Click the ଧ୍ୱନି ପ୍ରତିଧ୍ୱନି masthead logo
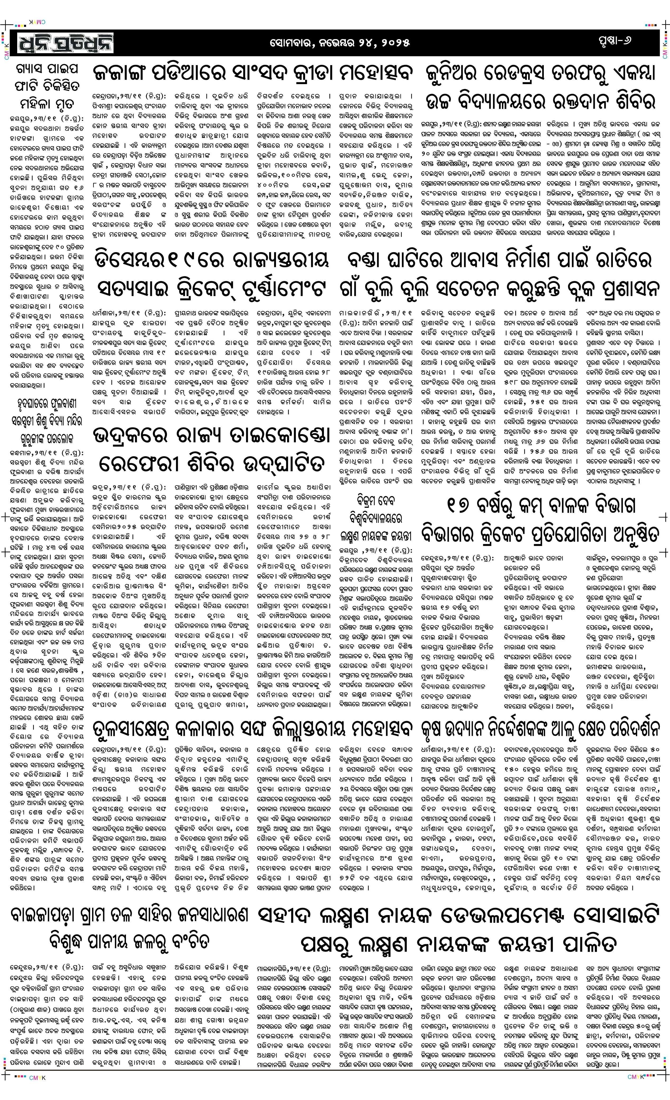[65, 43]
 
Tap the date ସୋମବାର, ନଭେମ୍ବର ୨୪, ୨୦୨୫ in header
[339, 43]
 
